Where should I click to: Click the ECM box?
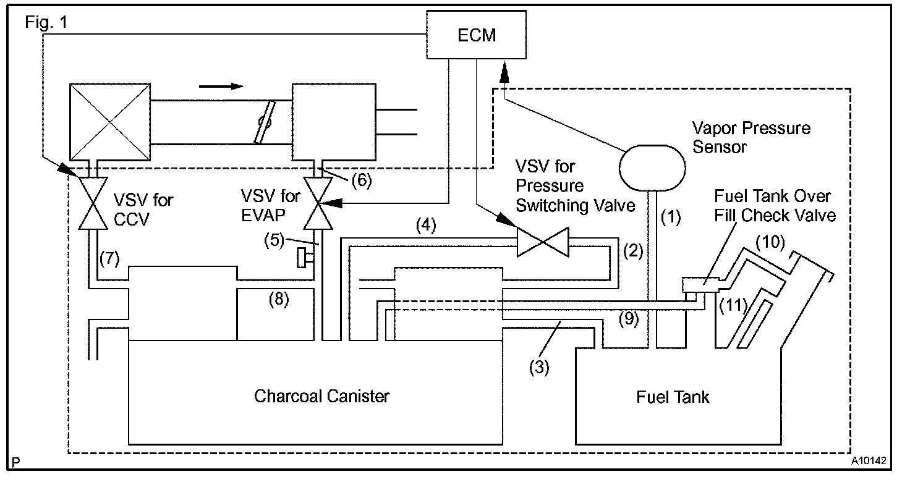pos(476,35)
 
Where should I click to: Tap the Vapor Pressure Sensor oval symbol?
pos(652,168)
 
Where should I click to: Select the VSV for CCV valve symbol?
pos(93,203)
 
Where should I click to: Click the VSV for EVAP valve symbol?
pos(318,203)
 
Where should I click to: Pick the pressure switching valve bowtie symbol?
pos(543,242)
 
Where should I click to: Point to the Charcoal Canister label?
pos(321,396)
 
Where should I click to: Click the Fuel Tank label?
pos(673,397)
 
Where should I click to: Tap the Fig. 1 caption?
pos(46,22)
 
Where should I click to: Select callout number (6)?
pos(362,180)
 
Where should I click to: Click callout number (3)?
pos(539,368)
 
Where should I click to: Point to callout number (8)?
pos(279,300)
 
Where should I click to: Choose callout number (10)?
pos(770,242)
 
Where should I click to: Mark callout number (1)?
pos(671,218)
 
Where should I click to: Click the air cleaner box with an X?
pos(110,122)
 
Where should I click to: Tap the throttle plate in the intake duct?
pos(265,122)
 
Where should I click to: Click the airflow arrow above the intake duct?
pos(221,86)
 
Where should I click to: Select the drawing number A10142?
pos(869,461)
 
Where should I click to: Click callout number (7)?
pos(109,259)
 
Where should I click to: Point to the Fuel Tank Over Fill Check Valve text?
pos(775,206)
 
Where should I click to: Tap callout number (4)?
pos(426,226)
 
